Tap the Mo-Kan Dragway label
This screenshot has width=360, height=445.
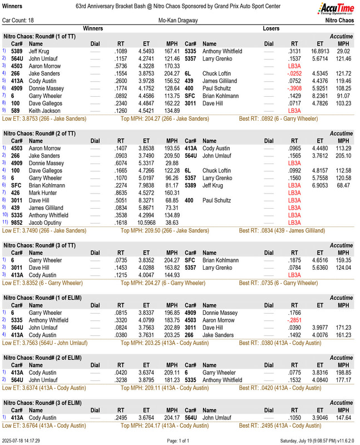[179, 20]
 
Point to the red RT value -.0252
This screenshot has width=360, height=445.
[292, 73]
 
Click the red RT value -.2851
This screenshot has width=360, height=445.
[292, 320]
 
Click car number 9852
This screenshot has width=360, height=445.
[17, 222]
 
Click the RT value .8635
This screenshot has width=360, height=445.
[121, 193]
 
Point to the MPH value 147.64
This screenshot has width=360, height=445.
[343, 417]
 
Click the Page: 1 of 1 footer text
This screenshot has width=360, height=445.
[180, 441]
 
